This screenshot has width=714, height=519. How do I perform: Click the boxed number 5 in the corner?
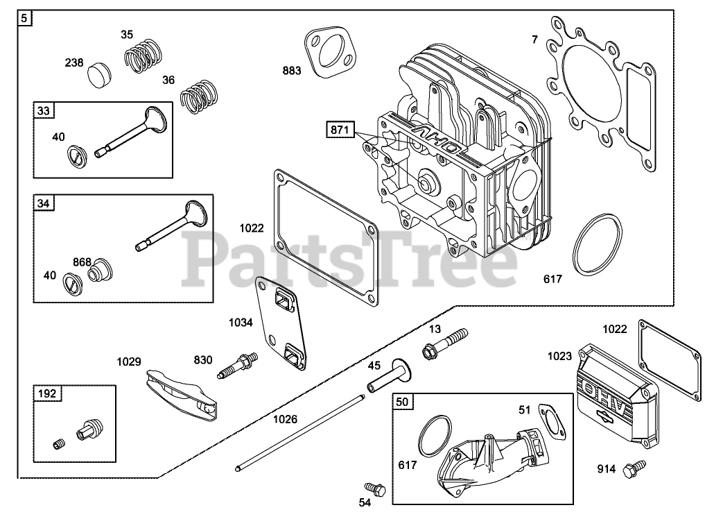[x=25, y=19]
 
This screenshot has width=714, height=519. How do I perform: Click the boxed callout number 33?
[x=44, y=110]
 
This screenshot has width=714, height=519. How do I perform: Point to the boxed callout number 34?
[x=44, y=203]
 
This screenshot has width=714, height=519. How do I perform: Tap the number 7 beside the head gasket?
[x=534, y=40]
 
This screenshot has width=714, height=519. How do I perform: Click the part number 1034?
[x=240, y=322]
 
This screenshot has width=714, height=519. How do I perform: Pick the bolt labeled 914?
[x=634, y=470]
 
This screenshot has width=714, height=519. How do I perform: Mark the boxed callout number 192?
[x=48, y=394]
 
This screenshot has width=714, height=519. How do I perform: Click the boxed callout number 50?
[x=403, y=402]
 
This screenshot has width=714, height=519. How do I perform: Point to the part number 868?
[x=82, y=262]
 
